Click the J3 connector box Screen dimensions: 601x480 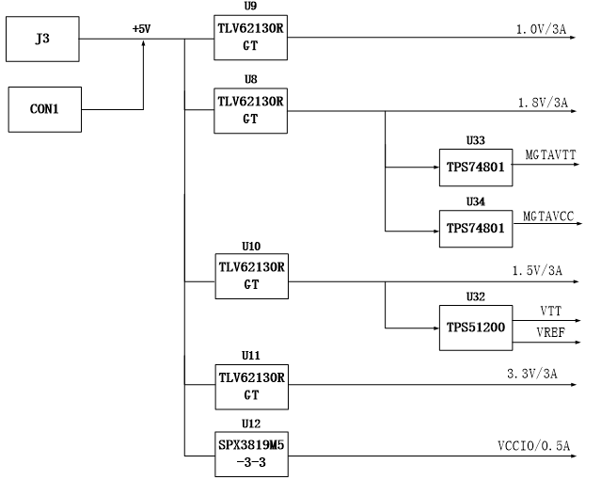point(42,39)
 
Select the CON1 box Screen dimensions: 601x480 point(45,109)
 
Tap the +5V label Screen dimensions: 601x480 point(141,29)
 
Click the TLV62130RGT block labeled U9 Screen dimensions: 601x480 point(251,38)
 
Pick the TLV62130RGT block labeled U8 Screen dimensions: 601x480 point(251,111)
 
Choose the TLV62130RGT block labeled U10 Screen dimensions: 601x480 point(252,277)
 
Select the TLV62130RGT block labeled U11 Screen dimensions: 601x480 point(252,387)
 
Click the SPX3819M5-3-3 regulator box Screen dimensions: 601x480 point(251,455)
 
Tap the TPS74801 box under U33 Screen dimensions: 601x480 point(476,168)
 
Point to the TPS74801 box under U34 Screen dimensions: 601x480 point(476,229)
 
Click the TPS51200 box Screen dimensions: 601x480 point(476,328)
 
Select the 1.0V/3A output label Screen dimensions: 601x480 point(541,29)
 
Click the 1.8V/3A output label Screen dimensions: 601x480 point(543,103)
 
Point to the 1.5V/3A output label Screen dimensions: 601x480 point(537,271)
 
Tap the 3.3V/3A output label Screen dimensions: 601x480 point(532,374)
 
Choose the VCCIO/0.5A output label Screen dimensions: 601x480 point(534,446)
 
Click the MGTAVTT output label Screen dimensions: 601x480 point(550,155)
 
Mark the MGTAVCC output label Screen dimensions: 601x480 point(548,216)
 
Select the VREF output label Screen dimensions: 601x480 point(551,332)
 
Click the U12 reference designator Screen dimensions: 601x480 point(251,424)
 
